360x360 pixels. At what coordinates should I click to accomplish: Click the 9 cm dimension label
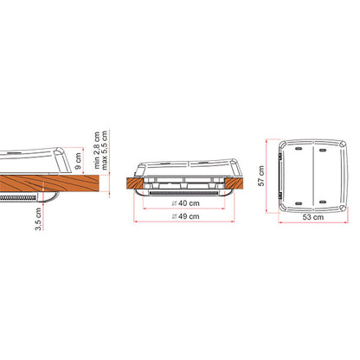tap(78, 162)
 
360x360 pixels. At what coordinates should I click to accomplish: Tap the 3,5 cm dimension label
tap(38, 219)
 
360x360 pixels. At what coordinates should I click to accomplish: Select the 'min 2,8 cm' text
tap(97, 150)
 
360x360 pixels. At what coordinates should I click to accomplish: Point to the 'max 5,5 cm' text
tap(105, 150)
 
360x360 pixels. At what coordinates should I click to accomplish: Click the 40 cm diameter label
tap(185, 203)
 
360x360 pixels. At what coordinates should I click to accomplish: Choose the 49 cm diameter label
tap(185, 216)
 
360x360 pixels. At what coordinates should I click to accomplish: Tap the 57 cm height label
tap(261, 176)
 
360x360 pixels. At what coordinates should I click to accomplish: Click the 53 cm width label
tap(313, 217)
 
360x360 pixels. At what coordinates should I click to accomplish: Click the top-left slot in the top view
tap(299, 149)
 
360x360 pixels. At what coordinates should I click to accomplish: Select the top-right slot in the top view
tap(323, 150)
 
